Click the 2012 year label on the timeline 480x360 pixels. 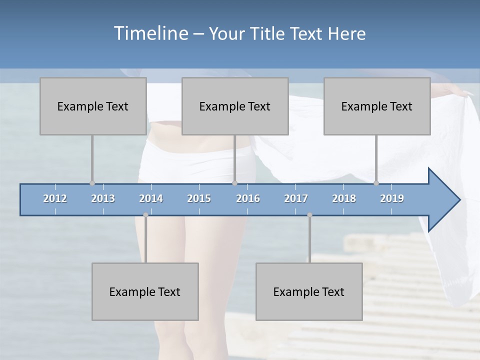pyautogui.click(x=55, y=198)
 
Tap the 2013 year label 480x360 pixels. pyautogui.click(x=103, y=198)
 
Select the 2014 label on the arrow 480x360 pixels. pyautogui.click(x=151, y=198)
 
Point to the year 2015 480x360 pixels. pyautogui.click(x=199, y=198)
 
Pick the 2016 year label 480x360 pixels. pyautogui.click(x=248, y=198)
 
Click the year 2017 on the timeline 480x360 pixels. pyautogui.click(x=296, y=198)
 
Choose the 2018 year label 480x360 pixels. pyautogui.click(x=344, y=198)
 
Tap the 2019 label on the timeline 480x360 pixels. pyautogui.click(x=392, y=198)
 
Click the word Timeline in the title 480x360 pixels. pyautogui.click(x=149, y=33)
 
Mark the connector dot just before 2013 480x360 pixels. pyautogui.click(x=92, y=183)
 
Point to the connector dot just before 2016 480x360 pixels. pyautogui.click(x=234, y=183)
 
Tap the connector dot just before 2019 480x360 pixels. pyautogui.click(x=376, y=183)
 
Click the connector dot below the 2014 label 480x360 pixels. pyautogui.click(x=145, y=215)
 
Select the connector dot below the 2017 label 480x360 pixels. pyautogui.click(x=309, y=215)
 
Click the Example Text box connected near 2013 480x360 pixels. pyautogui.click(x=93, y=106)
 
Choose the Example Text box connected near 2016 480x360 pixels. pyautogui.click(x=235, y=106)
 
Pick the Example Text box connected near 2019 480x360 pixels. pyautogui.click(x=377, y=106)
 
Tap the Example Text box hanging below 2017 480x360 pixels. pyautogui.click(x=309, y=291)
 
